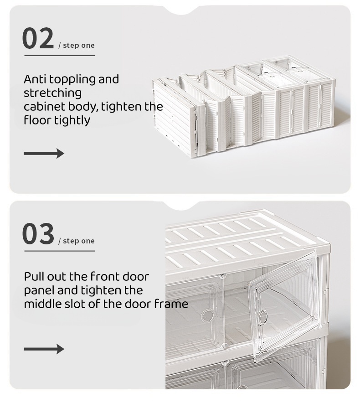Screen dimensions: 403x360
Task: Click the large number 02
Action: click(38, 39)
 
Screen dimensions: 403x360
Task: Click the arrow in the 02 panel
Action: click(44, 153)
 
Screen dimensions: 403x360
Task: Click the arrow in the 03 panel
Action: click(44, 349)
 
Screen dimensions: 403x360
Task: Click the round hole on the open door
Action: click(263, 316)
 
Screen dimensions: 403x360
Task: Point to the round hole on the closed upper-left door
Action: click(208, 315)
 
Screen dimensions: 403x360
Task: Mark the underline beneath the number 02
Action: click(59, 56)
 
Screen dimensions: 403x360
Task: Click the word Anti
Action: click(35, 79)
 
